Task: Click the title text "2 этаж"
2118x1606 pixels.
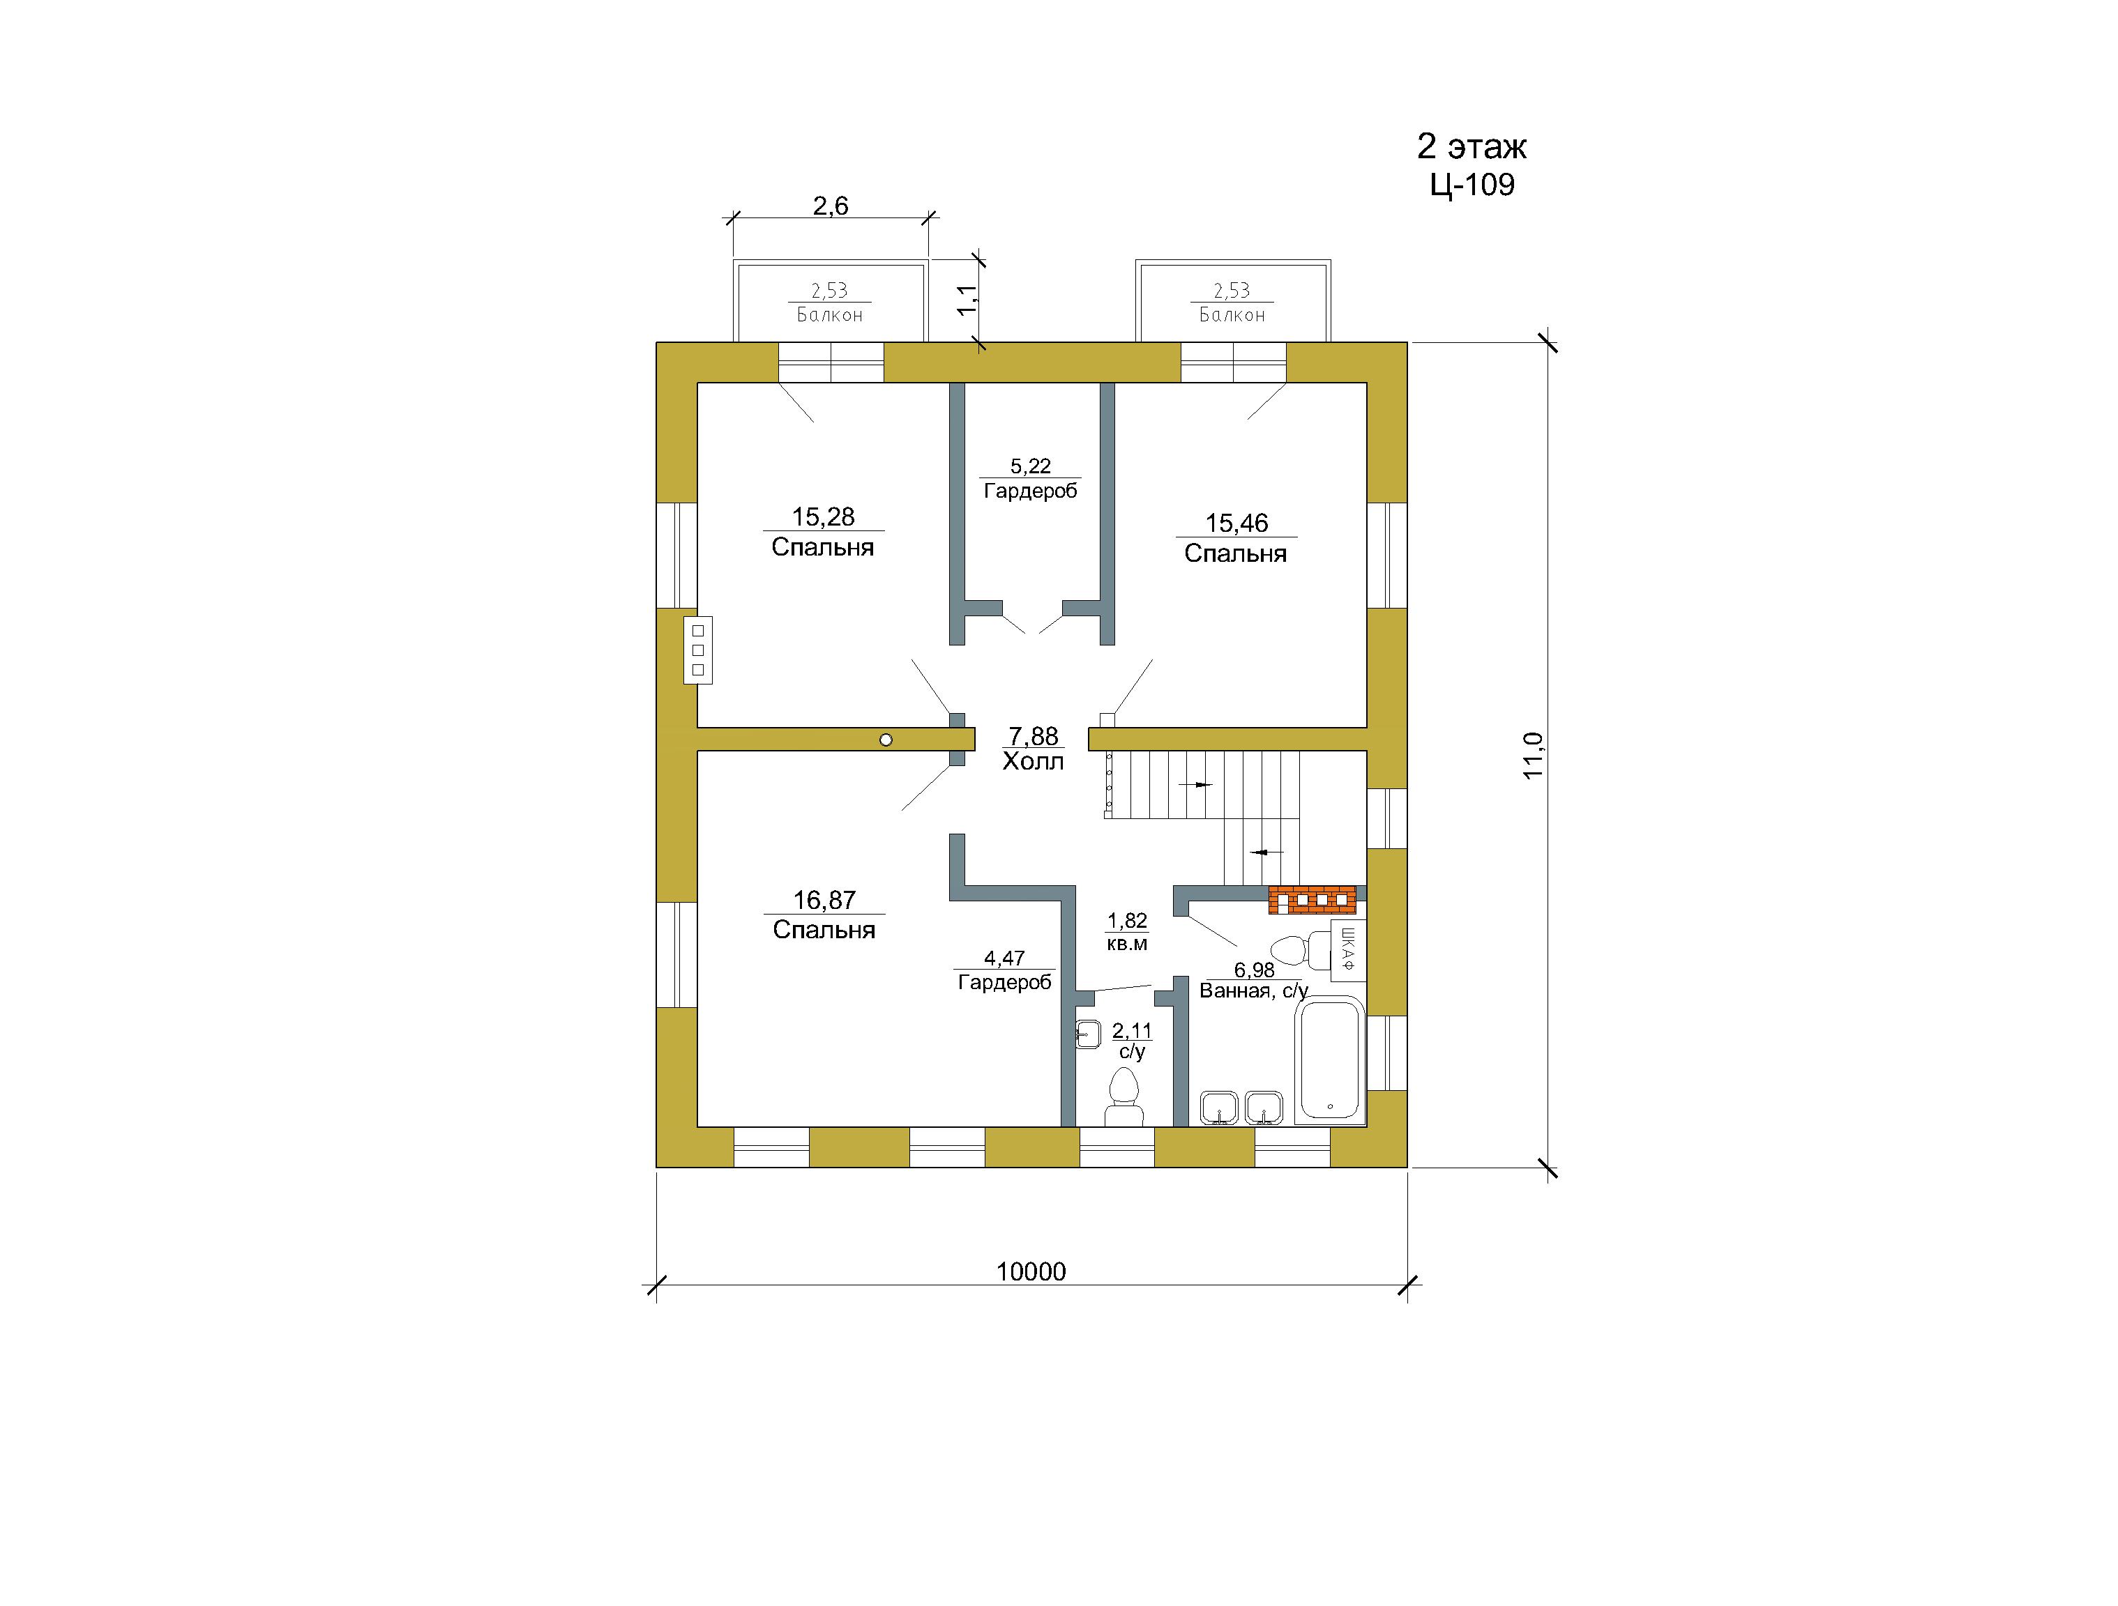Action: (x=1472, y=146)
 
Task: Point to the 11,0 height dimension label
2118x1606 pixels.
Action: (x=1533, y=755)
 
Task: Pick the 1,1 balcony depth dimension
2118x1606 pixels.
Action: (x=968, y=300)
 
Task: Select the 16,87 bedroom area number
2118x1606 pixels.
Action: (x=824, y=900)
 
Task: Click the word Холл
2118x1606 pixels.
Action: (x=1033, y=762)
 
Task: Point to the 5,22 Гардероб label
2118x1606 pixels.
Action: (x=1030, y=479)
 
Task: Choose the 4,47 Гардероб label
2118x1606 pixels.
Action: (x=1004, y=970)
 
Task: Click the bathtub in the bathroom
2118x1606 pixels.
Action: (x=1329, y=1060)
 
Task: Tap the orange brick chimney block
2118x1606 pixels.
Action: (x=1313, y=901)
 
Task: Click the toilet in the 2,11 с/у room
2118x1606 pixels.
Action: (x=1124, y=1098)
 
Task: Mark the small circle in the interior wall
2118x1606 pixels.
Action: (x=886, y=740)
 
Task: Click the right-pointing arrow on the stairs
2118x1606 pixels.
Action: (x=1195, y=785)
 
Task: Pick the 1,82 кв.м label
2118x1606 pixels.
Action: (x=1127, y=932)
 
